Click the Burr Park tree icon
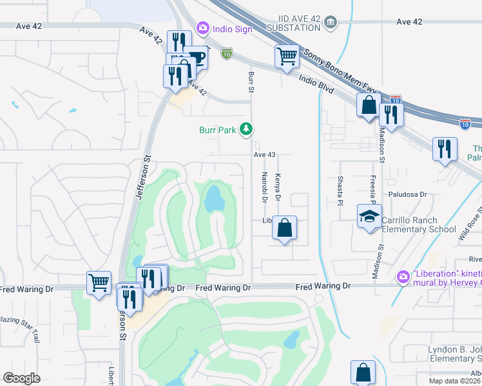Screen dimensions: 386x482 pos(246,130)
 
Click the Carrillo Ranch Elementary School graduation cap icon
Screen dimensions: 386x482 pos(370,217)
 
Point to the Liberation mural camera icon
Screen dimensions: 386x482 pos(403,277)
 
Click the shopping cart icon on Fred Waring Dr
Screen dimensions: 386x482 pos(99,282)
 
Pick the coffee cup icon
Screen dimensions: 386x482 pos(196,57)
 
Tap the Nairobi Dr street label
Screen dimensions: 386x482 pos(264,187)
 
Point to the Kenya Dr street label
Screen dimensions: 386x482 pos(278,185)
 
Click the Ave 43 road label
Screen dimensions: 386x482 pos(264,155)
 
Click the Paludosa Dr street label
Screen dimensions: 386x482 pos(407,194)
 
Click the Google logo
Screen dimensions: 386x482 pos(21,378)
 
